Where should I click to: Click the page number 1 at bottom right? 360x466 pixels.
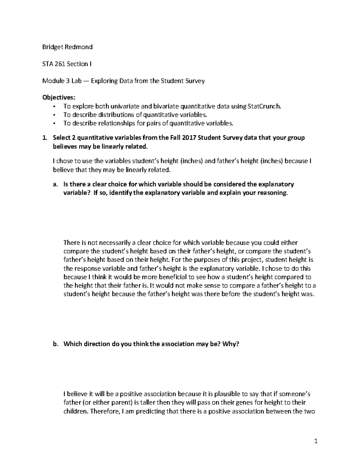(x=316, y=441)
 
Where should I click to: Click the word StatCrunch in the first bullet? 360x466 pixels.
(x=265, y=106)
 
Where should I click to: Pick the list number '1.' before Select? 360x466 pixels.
(x=45, y=138)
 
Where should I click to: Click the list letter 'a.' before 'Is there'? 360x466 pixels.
(x=55, y=184)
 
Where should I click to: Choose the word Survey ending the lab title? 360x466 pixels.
(x=195, y=81)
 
